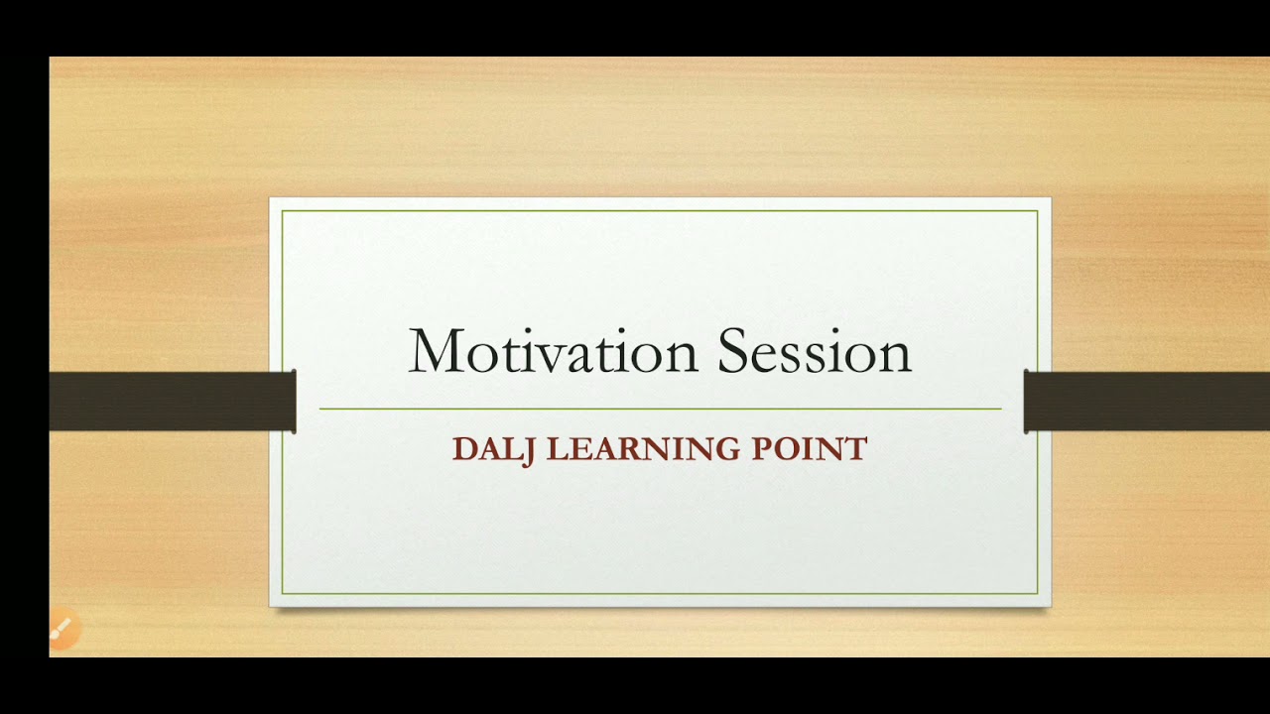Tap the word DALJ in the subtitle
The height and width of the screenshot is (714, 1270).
tap(494, 449)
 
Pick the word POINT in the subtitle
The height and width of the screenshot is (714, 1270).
tap(810, 449)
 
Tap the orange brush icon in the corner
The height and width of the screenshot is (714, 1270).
tap(63, 629)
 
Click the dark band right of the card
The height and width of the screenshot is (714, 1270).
tap(1146, 402)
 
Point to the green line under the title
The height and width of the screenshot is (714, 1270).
tap(660, 409)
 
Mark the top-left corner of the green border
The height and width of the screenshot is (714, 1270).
tap(283, 211)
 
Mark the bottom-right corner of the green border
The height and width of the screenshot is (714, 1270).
tap(1037, 593)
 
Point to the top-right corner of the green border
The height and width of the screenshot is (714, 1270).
tap(1037, 211)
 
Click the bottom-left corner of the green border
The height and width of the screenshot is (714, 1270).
tap(283, 593)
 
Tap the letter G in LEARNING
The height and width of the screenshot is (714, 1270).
tap(728, 449)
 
